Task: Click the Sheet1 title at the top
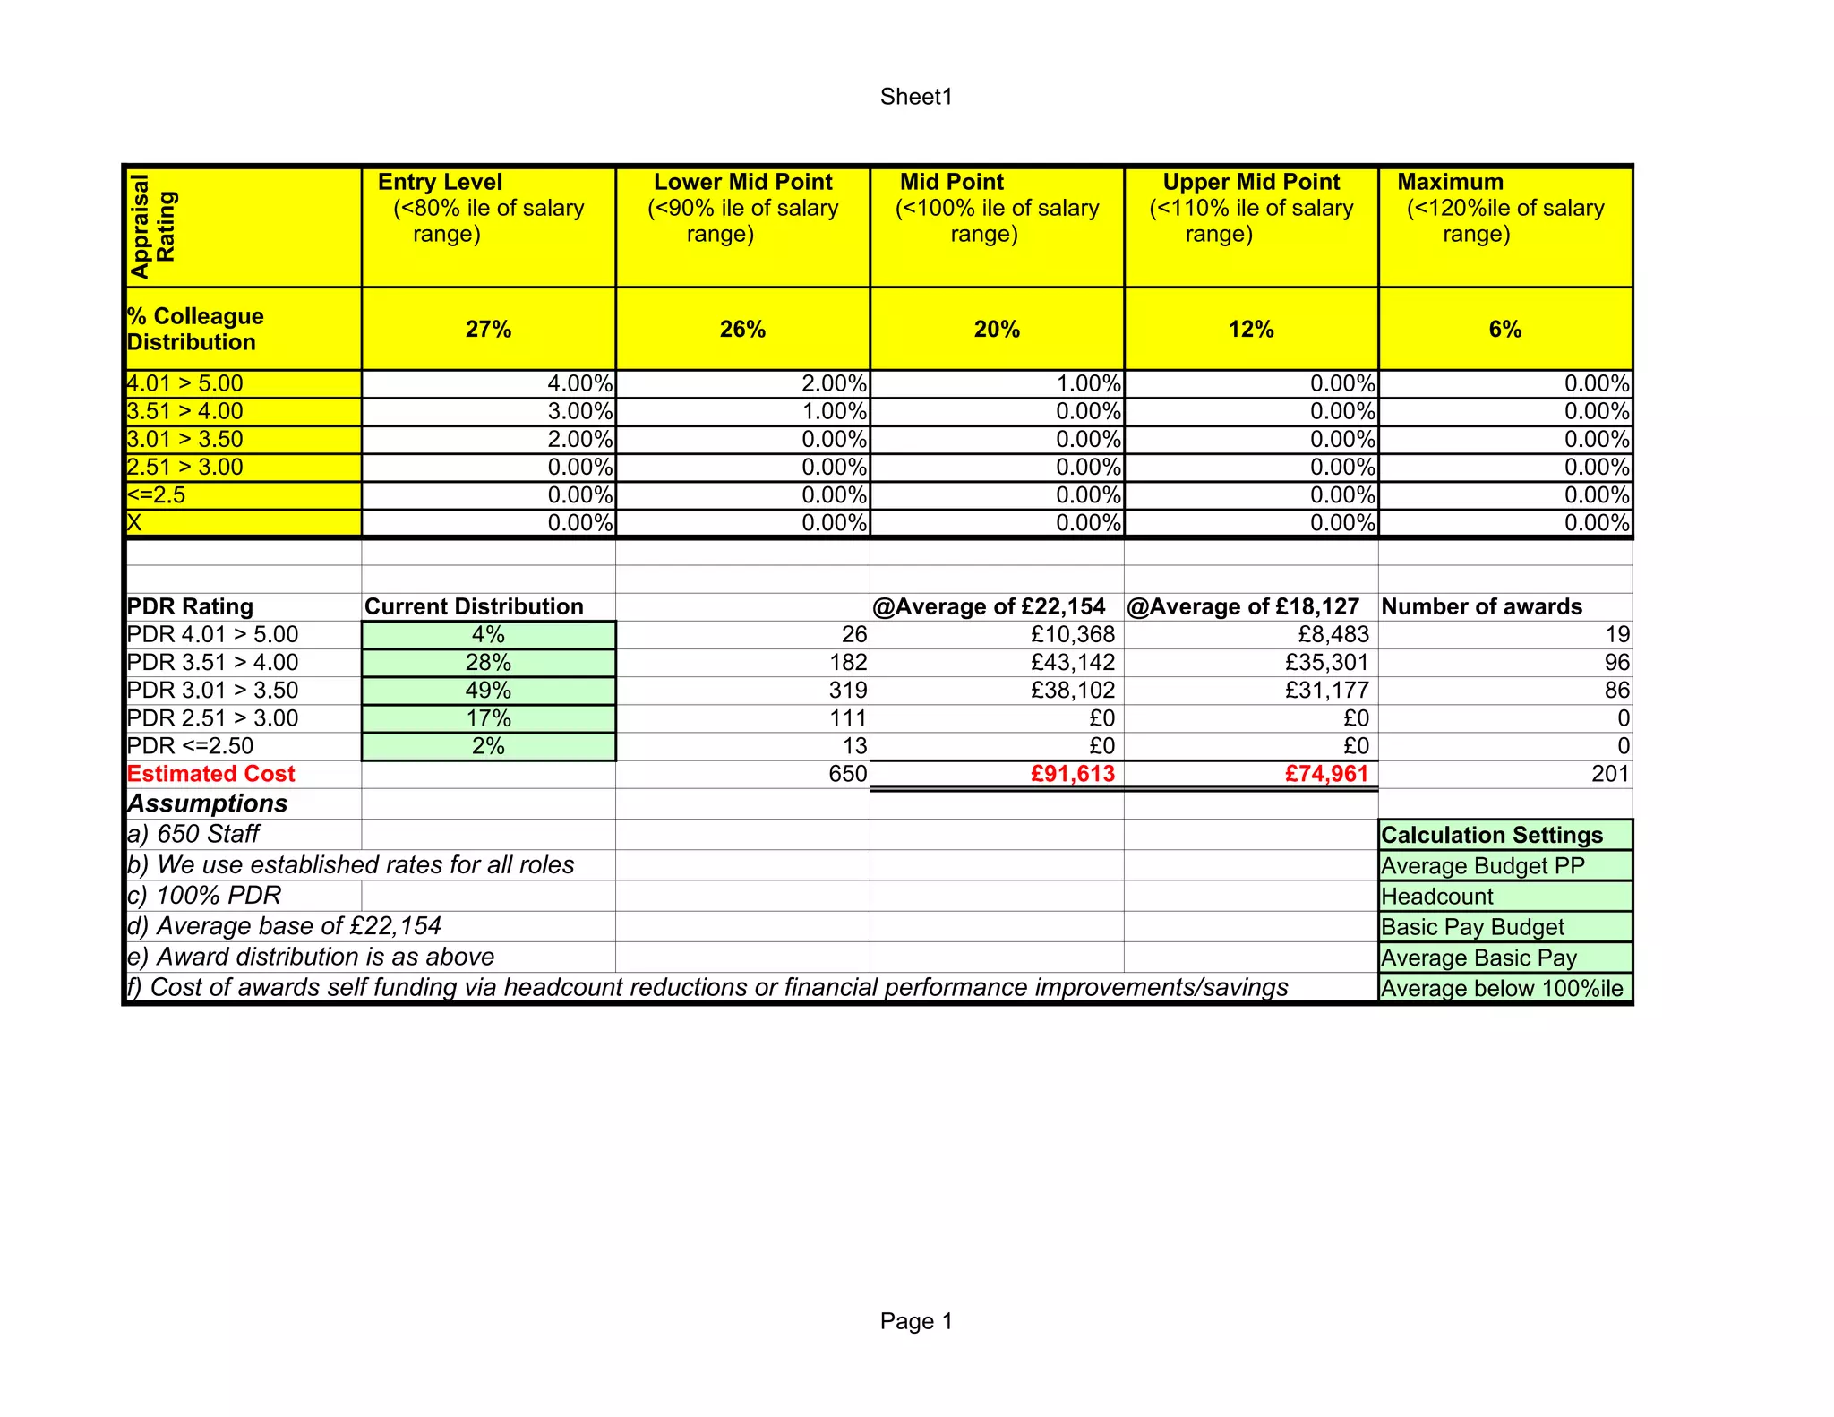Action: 916,97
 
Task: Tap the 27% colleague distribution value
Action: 488,330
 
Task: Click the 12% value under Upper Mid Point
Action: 1251,330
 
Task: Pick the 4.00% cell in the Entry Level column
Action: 579,384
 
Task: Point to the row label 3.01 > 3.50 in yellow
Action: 185,440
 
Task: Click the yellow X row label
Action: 135,523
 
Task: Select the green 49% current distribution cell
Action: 488,691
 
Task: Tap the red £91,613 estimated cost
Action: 1072,774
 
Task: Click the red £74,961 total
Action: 1326,774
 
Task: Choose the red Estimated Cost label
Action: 211,774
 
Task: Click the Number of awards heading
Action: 1481,606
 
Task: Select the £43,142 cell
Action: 1072,663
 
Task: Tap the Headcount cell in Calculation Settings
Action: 1437,897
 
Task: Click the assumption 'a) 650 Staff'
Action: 193,834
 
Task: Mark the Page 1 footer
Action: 916,1321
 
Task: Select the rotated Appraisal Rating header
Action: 153,227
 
